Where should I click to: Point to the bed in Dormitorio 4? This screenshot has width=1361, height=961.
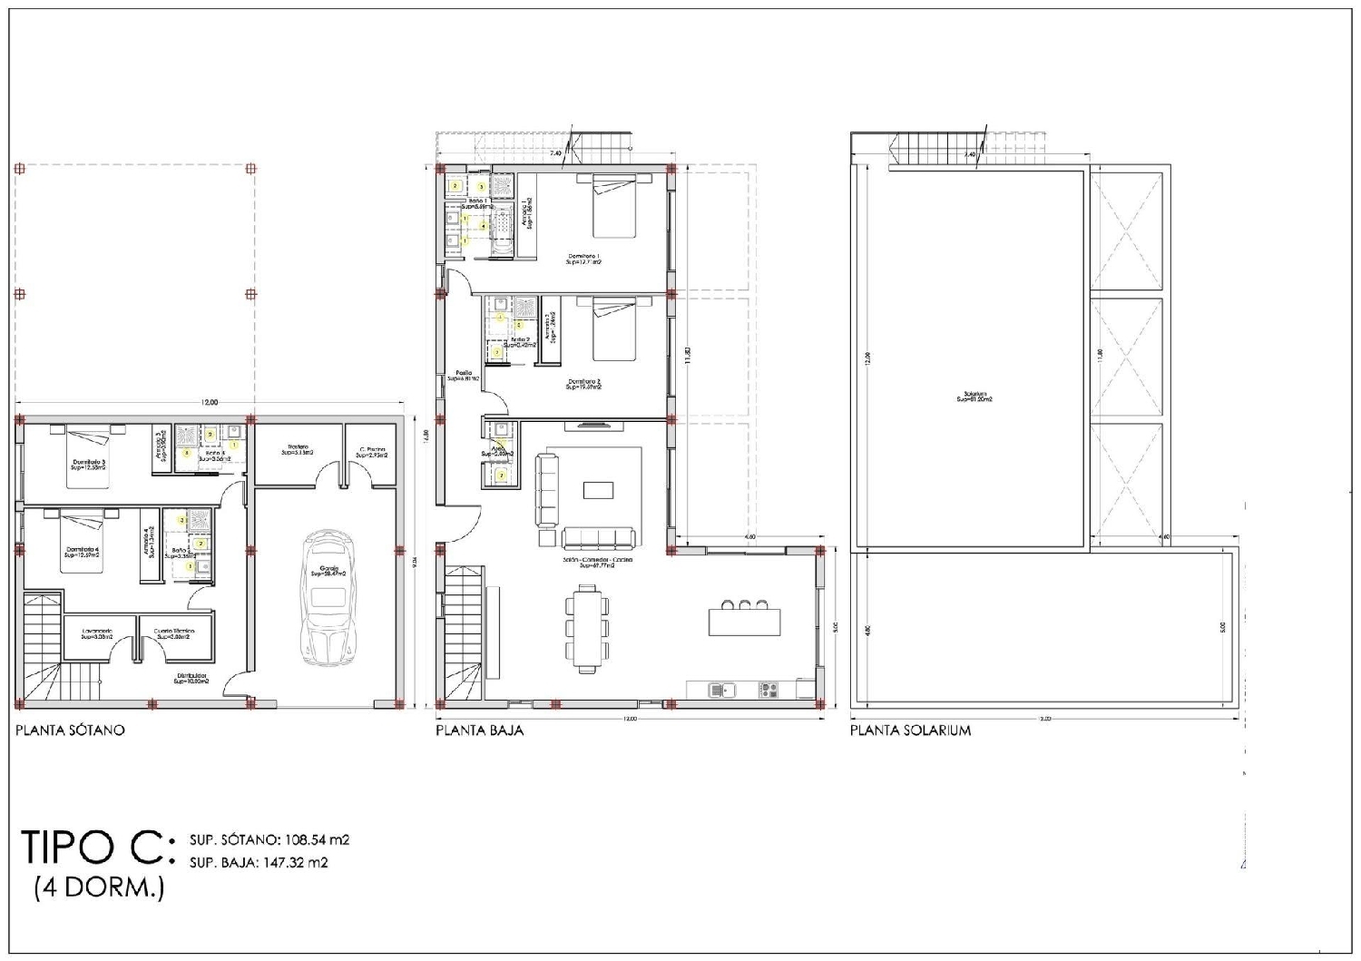pyautogui.click(x=84, y=542)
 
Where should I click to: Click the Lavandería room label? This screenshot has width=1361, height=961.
pyautogui.click(x=96, y=633)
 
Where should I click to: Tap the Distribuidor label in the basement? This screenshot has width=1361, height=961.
pyautogui.click(x=192, y=678)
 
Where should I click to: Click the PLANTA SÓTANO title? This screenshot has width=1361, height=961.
pyautogui.click(x=70, y=730)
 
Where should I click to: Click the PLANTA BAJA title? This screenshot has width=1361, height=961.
pyautogui.click(x=479, y=730)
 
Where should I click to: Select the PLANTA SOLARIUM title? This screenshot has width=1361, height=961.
pyautogui.click(x=910, y=730)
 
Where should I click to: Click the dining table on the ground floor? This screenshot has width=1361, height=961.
pyautogui.click(x=587, y=628)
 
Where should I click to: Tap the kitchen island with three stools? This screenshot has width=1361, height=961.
pyautogui.click(x=744, y=622)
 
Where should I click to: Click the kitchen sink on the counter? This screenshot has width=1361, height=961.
pyautogui.click(x=723, y=690)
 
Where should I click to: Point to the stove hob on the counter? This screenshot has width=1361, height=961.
pyautogui.click(x=768, y=690)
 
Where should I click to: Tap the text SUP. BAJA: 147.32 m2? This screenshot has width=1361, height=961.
pyautogui.click(x=259, y=862)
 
